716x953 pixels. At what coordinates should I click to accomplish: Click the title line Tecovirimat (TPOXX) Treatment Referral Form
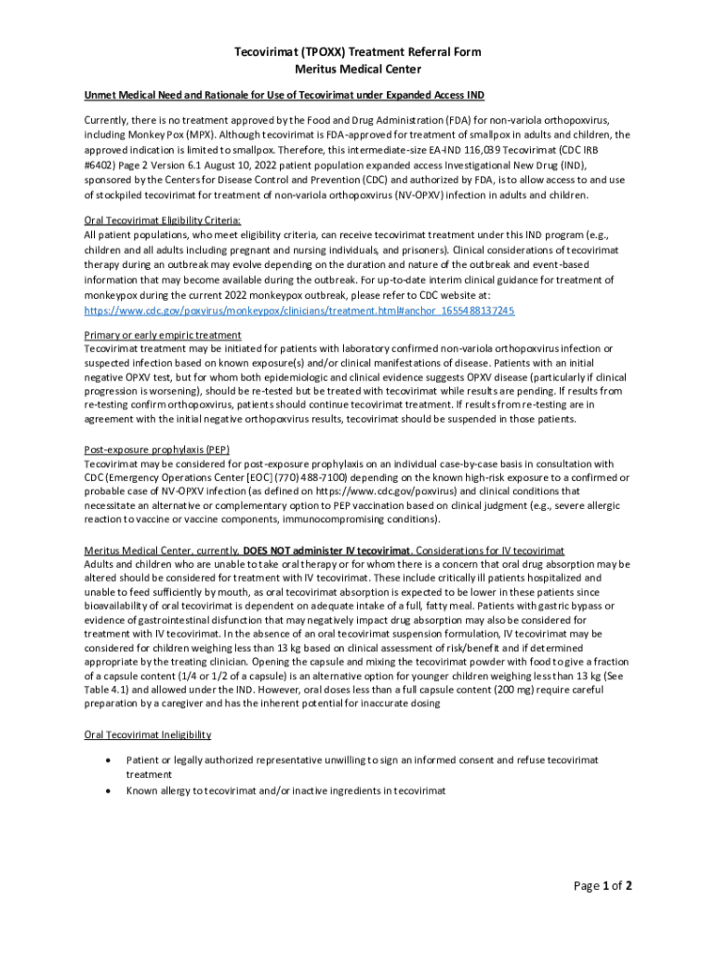357,52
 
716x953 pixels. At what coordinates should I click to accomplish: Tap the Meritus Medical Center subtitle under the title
357,69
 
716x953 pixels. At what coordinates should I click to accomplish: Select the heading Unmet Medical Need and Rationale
284,96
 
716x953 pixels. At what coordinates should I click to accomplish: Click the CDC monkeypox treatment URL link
299,310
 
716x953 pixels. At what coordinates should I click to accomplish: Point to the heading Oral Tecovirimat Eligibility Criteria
163,221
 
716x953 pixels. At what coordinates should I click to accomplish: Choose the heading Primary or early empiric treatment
163,334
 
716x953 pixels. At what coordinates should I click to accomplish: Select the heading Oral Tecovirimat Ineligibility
148,735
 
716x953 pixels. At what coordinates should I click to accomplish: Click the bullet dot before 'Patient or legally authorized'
110,760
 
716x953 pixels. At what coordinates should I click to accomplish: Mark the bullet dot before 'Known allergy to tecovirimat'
110,790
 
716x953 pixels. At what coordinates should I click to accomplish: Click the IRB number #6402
102,165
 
